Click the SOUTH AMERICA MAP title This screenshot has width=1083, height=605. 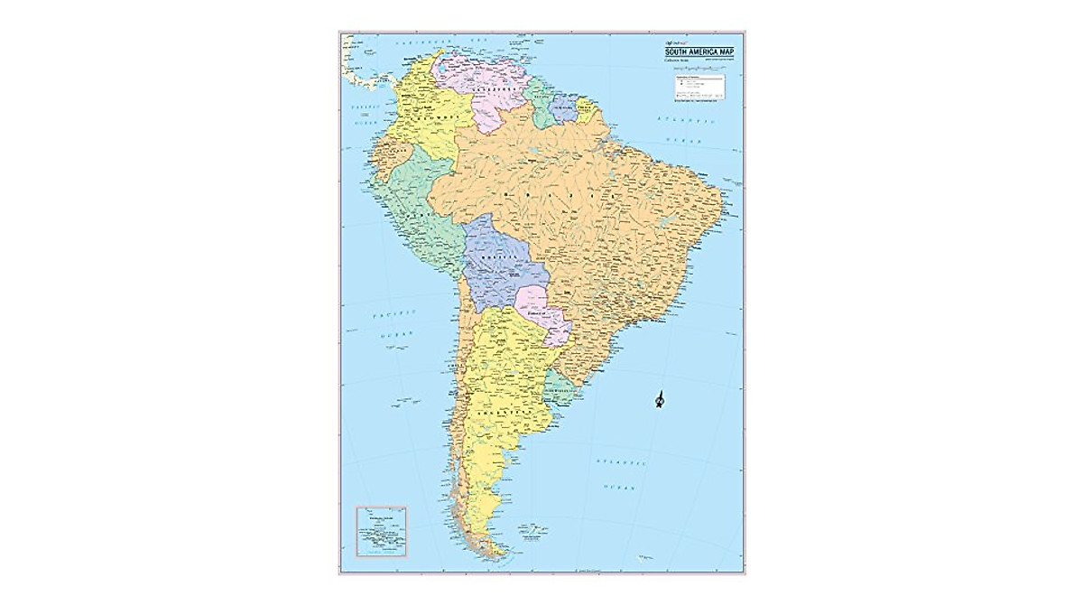[699, 52]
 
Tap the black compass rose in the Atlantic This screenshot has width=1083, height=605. [660, 399]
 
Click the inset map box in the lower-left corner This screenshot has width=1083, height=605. [382, 532]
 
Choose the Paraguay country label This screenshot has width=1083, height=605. [543, 312]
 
